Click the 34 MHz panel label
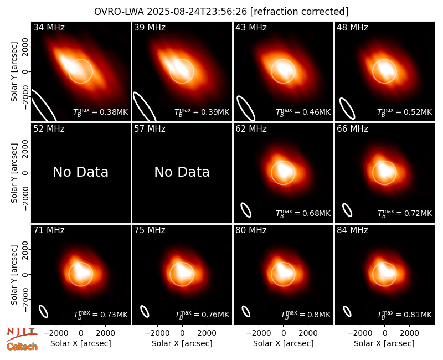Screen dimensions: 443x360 point(49,27)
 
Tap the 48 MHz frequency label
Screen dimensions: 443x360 point(352,27)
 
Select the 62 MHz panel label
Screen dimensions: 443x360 point(251,129)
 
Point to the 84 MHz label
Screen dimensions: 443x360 point(352,230)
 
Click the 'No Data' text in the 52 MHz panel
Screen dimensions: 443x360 point(81,172)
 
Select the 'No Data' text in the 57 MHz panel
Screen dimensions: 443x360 point(182,172)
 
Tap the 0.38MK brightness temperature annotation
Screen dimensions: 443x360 point(101,112)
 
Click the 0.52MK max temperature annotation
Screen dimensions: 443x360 point(405,112)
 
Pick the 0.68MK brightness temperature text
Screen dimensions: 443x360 point(303,213)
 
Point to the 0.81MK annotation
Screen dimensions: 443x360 point(405,315)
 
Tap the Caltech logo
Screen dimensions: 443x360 point(22,347)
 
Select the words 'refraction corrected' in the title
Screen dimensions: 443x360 point(299,12)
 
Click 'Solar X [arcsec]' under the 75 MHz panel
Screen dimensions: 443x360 point(182,343)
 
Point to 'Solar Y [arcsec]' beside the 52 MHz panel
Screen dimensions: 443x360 point(14,173)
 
